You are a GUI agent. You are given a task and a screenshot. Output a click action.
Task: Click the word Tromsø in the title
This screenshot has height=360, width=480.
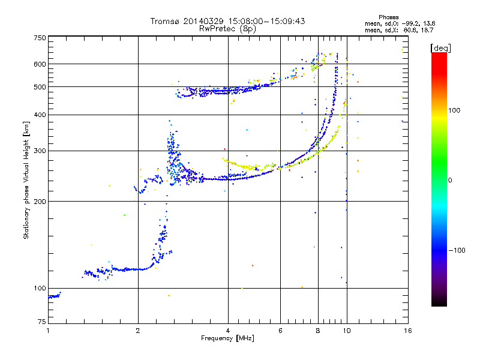coord(165,21)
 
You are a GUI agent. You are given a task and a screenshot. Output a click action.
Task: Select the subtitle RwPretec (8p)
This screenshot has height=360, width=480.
coord(227,29)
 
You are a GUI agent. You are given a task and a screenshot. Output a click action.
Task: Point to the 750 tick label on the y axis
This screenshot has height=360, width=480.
coord(40,38)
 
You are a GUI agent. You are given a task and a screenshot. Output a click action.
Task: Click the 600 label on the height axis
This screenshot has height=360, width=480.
coord(40,64)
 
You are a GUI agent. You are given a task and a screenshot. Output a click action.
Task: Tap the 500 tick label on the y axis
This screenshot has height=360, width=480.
coord(40,87)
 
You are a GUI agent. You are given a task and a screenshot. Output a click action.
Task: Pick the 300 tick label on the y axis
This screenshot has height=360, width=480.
coord(40,151)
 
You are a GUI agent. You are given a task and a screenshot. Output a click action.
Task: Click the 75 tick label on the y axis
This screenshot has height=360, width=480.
coord(42,322)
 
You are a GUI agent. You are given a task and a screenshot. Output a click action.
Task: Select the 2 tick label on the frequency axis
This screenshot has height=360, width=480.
coord(138,331)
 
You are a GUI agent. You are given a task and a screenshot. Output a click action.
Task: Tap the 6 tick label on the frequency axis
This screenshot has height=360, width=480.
coord(280,331)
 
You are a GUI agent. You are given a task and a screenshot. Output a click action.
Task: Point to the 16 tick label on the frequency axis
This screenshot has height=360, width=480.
coord(408,331)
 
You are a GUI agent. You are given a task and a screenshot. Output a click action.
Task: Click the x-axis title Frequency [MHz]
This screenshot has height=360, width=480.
coord(227,338)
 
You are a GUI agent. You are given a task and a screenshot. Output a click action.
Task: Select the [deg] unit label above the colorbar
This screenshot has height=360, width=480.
coord(440,48)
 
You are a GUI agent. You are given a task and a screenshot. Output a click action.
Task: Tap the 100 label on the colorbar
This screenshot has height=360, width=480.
coord(454,110)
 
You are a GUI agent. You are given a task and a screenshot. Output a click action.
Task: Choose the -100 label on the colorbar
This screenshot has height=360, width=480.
coord(457,250)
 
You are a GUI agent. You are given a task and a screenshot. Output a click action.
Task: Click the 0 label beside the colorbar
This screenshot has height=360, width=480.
coord(450,181)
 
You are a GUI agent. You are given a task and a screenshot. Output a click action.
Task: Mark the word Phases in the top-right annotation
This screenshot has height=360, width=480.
coord(388,17)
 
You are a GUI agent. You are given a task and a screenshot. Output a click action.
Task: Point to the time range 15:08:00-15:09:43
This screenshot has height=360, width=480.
coord(266,21)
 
